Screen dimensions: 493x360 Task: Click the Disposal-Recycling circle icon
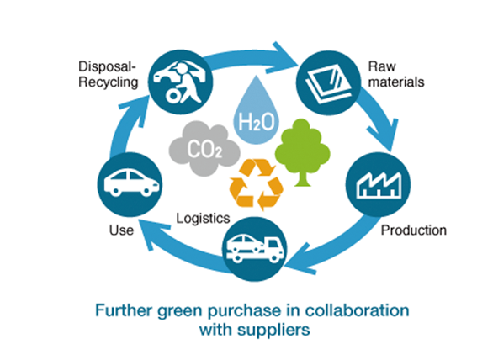tap(181, 82)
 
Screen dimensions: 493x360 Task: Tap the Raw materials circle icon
tap(328, 82)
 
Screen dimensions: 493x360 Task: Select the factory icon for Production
tap(379, 184)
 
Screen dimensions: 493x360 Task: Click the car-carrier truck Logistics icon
tap(255, 249)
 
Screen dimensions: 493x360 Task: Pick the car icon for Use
tap(130, 184)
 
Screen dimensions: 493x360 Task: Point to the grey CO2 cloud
tap(204, 148)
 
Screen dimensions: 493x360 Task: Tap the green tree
tap(303, 152)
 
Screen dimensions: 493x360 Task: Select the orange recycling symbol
tap(257, 185)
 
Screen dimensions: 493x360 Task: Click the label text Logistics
tap(203, 219)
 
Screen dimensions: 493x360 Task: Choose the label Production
tap(413, 230)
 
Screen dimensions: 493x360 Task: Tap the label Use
tap(121, 230)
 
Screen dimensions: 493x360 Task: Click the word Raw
tap(382, 66)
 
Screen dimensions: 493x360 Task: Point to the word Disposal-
tap(107, 67)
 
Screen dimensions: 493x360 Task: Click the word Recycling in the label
tap(109, 82)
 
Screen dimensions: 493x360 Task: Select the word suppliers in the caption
tap(273, 331)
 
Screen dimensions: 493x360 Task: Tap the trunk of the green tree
tap(303, 178)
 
